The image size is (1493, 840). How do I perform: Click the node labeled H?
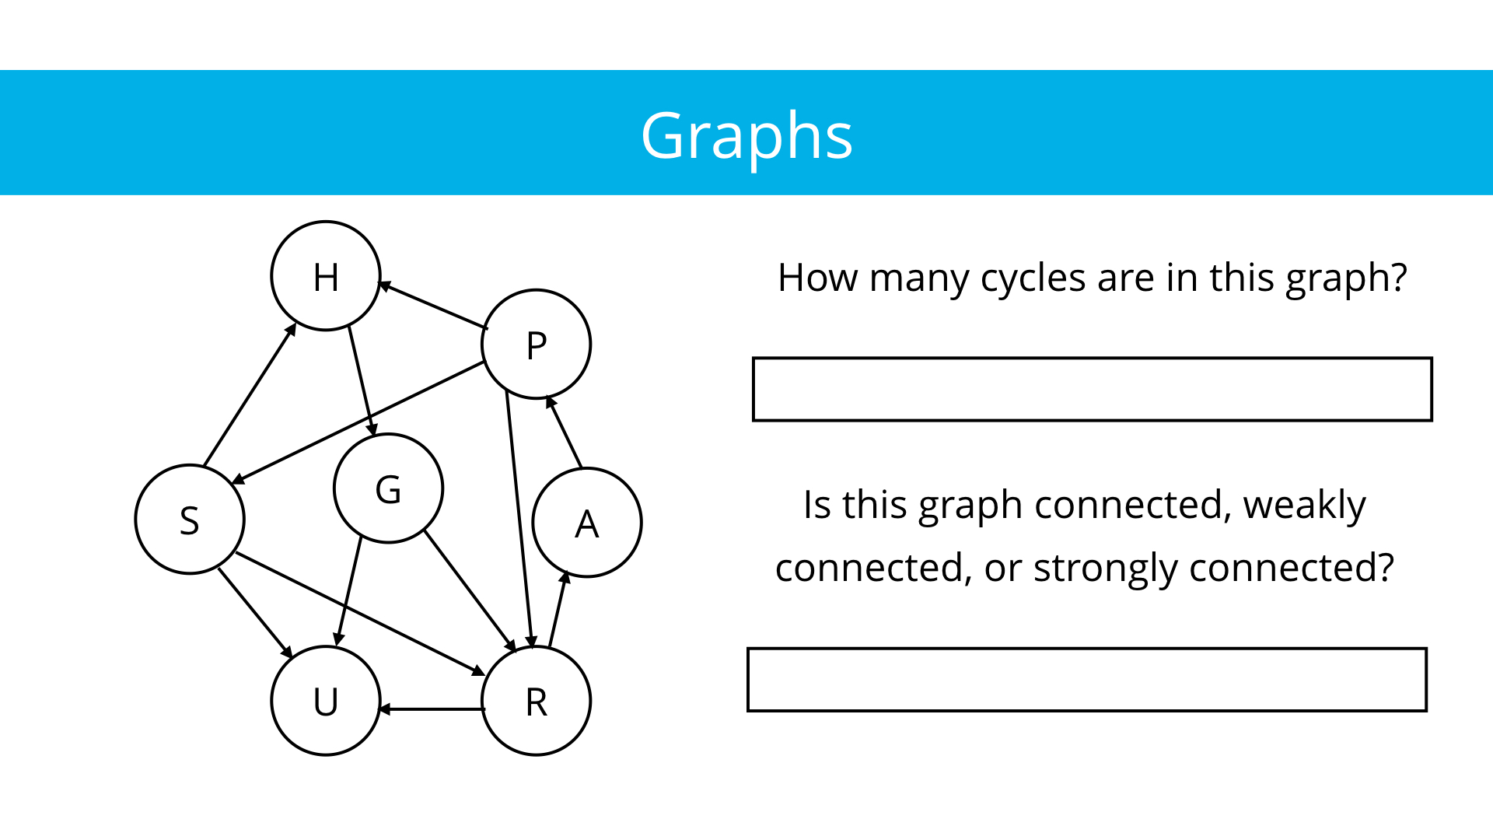326,276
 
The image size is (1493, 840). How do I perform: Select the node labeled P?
537,345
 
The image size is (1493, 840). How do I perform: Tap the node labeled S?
190,520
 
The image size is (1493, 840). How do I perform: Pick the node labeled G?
388,488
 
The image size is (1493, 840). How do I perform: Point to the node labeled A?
587,523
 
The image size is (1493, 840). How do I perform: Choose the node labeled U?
326,701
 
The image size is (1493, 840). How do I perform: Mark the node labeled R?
537,701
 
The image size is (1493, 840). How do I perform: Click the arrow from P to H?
432,306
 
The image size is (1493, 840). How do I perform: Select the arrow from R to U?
432,709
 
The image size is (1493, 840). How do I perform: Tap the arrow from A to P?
565,432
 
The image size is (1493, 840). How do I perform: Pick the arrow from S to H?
249,395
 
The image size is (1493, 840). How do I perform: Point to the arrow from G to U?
349,591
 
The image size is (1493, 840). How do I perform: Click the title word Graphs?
746,135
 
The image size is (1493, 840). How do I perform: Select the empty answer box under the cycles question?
1092,389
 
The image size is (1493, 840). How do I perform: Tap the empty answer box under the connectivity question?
1086,679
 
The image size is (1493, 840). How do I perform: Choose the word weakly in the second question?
1304,505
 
